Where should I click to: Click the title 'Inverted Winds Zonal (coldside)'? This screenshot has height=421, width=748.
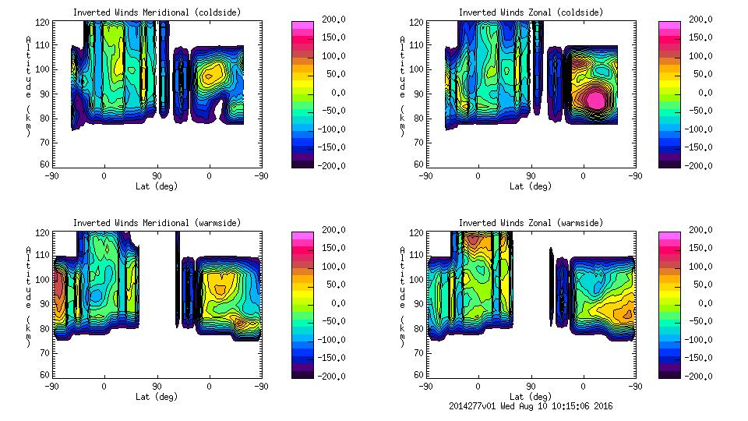pyautogui.click(x=531, y=12)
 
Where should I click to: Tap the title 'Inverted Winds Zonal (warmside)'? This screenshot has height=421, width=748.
pyautogui.click(x=531, y=223)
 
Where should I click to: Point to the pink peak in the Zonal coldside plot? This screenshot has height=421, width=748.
pyautogui.click(x=595, y=100)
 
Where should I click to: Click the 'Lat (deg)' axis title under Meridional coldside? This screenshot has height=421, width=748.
pyautogui.click(x=157, y=186)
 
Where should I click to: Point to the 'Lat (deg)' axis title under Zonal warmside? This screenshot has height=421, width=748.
pyautogui.click(x=531, y=397)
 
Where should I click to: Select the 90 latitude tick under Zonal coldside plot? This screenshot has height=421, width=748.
pyautogui.click(x=531, y=176)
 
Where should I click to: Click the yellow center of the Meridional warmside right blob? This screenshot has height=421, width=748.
pyautogui.click(x=221, y=290)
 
